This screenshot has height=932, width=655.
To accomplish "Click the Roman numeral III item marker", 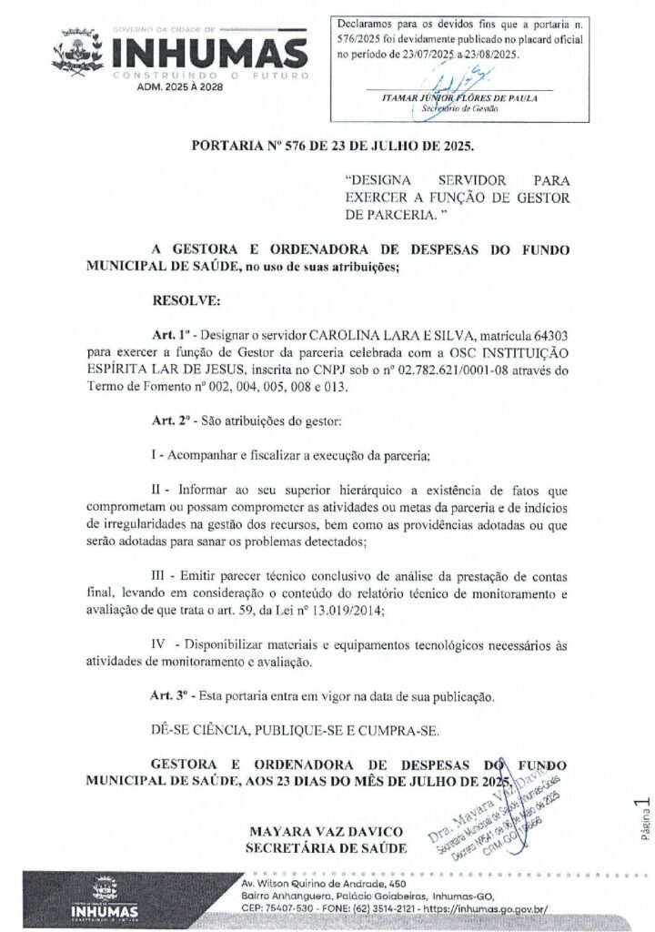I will pyautogui.click(x=160, y=575).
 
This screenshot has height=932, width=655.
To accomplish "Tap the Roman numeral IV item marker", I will pyautogui.click(x=157, y=644).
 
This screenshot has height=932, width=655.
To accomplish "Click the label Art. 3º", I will pyautogui.click(x=168, y=695).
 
